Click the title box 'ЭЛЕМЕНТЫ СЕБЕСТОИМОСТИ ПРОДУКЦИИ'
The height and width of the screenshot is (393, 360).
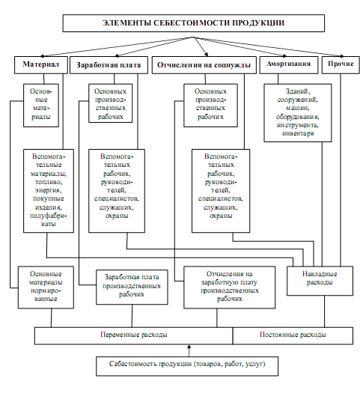193,23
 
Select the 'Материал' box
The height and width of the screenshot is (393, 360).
41,65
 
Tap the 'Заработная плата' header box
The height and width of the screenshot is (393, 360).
109,65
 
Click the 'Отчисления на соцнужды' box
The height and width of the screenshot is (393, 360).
204,65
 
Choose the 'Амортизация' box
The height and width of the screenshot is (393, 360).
289,65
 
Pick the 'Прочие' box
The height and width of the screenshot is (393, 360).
341,65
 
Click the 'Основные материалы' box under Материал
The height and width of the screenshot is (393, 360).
41,106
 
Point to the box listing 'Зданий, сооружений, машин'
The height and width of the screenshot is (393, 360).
298,113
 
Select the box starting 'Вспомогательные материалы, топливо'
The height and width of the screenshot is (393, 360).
49,191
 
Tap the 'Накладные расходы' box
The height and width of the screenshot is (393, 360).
320,281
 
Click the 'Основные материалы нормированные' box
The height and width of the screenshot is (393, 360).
46,287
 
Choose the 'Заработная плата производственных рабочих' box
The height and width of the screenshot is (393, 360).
132,287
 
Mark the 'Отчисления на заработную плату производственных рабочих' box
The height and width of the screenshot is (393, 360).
230,287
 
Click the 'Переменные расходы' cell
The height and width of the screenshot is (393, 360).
133,335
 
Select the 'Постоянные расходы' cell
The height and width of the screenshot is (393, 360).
293,335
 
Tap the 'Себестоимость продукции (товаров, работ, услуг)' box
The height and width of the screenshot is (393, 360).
187,366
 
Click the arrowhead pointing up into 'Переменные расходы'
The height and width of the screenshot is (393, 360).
189,347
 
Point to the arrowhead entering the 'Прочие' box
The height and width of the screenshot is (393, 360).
341,56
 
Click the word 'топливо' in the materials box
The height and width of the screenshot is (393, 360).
49,182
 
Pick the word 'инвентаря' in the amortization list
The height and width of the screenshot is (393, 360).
298,133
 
